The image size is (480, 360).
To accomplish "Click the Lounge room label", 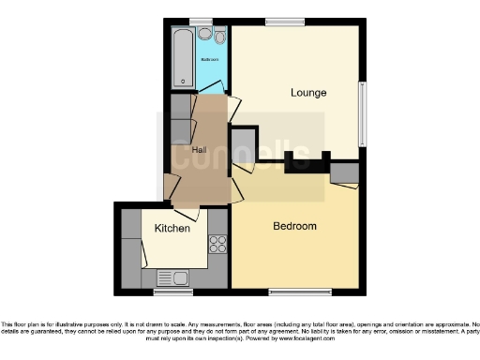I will pos(307,93).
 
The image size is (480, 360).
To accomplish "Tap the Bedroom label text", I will pos(294,226).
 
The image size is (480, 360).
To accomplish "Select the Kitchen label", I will pos(172,228).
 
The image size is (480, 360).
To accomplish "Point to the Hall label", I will pos(200,150).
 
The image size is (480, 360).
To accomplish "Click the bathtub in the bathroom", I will pos(182,58).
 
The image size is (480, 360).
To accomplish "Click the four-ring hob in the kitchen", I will pos(217,245).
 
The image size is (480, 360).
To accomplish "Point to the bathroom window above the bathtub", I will pos(201,22).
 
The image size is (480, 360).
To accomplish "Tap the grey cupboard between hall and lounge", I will pos(243,144).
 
